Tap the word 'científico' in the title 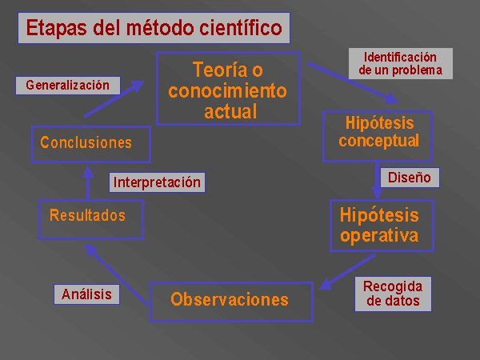click(241, 27)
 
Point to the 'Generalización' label click(68, 86)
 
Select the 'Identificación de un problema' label click(401, 64)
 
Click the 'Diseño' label click(410, 178)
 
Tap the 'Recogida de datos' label click(393, 294)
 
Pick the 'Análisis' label click(86, 294)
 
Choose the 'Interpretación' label click(157, 182)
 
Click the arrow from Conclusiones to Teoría click(114, 98)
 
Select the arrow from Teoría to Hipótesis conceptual click(353, 82)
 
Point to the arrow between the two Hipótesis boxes click(377, 181)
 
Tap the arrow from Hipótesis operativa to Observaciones click(347, 272)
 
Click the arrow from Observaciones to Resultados click(116, 274)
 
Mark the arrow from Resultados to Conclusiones click(89, 183)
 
